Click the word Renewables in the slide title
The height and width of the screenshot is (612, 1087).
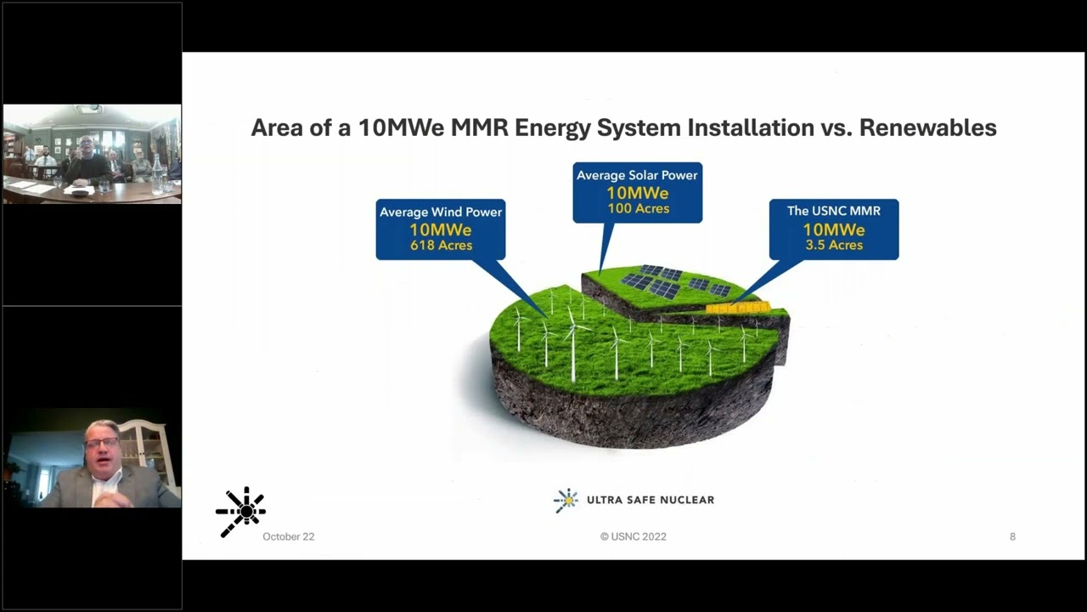click(x=927, y=127)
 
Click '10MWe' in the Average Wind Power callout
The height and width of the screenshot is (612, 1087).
click(x=440, y=229)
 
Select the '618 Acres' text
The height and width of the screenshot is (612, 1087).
click(x=440, y=246)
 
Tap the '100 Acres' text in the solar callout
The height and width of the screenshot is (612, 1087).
click(x=638, y=208)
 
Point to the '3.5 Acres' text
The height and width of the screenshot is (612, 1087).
click(x=834, y=245)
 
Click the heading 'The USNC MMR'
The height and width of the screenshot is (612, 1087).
click(x=833, y=211)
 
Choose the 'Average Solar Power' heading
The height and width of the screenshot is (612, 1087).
click(x=637, y=175)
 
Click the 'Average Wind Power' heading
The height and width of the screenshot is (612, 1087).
click(x=441, y=212)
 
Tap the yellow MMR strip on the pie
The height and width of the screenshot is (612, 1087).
click(x=738, y=308)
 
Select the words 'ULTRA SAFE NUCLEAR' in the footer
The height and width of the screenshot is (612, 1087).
click(x=650, y=500)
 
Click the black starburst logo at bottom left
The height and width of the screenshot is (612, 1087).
click(x=241, y=511)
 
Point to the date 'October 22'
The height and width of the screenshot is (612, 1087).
click(x=288, y=536)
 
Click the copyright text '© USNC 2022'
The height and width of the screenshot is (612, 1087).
click(x=633, y=536)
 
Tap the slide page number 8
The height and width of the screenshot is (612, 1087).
click(x=1012, y=536)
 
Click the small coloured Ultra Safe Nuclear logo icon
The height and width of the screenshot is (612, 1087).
click(x=566, y=500)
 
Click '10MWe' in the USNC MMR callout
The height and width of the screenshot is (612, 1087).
click(x=833, y=229)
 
